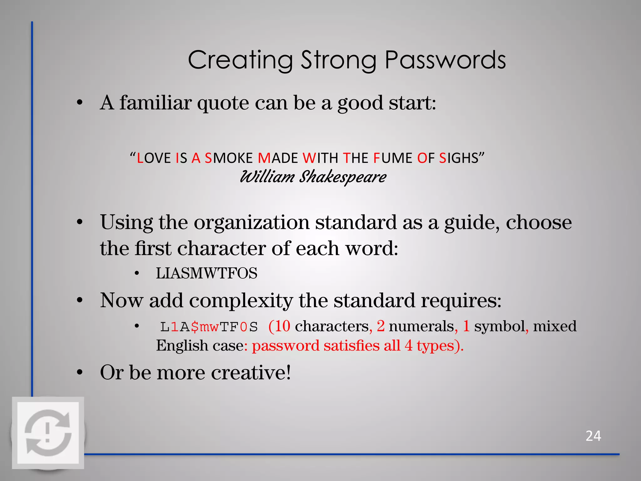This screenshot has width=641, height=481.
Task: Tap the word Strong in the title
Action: (x=339, y=60)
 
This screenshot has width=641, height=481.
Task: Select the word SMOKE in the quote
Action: (x=228, y=158)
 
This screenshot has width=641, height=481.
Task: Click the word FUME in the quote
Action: (x=392, y=158)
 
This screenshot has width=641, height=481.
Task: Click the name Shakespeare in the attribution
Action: (x=343, y=177)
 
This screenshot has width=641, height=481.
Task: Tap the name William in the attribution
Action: (x=267, y=177)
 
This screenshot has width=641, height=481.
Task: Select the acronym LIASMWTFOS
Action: (x=207, y=273)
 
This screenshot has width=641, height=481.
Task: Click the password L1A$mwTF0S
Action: (x=209, y=327)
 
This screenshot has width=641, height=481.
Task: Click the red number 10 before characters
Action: (x=283, y=326)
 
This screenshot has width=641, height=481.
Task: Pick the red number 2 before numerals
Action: (x=381, y=326)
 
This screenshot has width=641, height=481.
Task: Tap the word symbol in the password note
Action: (x=500, y=326)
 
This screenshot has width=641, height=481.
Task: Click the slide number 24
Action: (x=593, y=436)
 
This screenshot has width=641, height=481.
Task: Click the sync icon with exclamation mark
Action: (x=48, y=433)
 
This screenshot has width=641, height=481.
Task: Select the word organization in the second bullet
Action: (x=252, y=223)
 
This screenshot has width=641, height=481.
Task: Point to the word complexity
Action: (x=241, y=301)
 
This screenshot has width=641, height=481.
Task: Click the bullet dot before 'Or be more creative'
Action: (x=80, y=373)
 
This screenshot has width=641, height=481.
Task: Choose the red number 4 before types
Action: (x=408, y=346)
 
